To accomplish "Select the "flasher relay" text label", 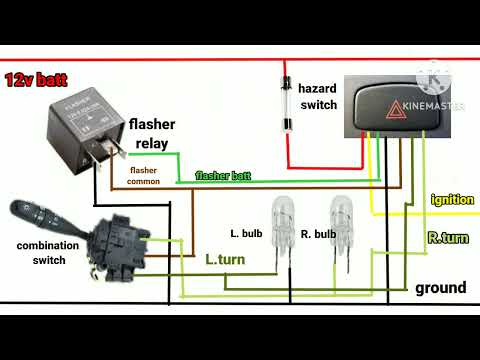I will tap(151, 134).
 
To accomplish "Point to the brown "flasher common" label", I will tap(150, 176).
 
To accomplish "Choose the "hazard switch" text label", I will tap(319, 96).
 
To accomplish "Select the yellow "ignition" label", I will tap(452, 199).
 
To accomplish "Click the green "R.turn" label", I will tap(447, 238).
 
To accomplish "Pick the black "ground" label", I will tap(441, 288).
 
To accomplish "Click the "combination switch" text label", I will tap(41, 252).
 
